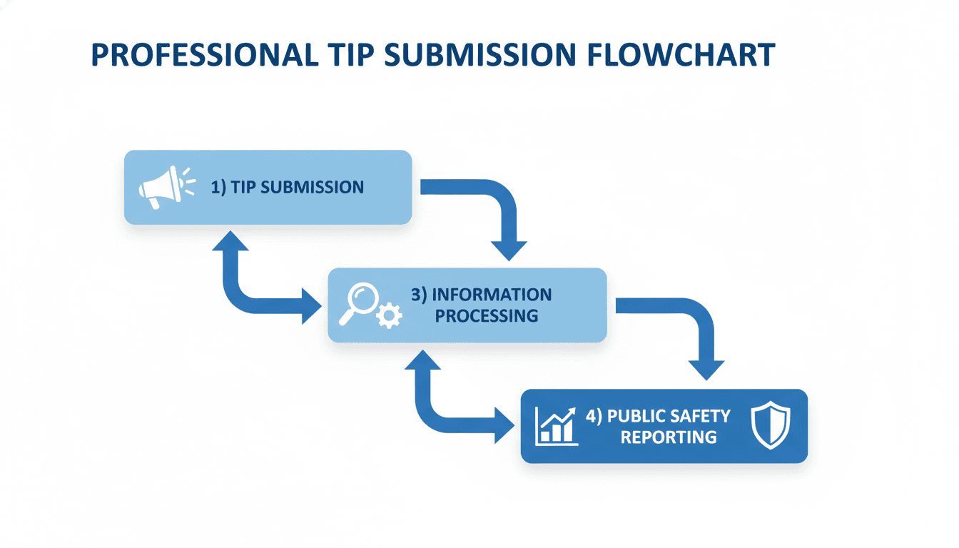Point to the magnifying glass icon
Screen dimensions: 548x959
(360, 302)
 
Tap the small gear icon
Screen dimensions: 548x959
(389, 315)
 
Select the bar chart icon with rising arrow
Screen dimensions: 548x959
(556, 426)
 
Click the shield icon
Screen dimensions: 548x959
(771, 425)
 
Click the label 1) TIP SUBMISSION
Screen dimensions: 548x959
(288, 188)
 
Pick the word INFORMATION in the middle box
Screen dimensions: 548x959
(482, 295)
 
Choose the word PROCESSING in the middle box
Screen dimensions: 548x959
(487, 315)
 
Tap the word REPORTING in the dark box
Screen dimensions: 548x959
(669, 437)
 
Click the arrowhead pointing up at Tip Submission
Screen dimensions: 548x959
(230, 240)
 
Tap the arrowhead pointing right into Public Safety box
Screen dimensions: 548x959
(504, 427)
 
